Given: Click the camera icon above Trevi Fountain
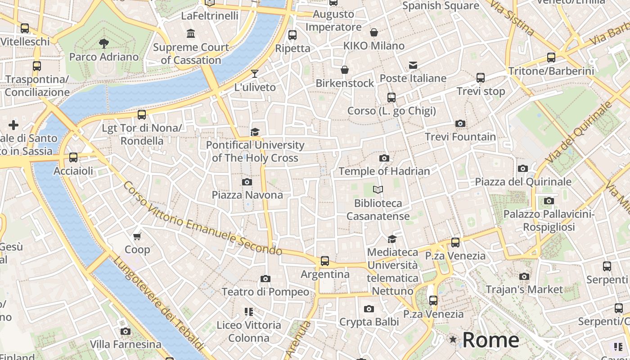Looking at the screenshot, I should point(460,123).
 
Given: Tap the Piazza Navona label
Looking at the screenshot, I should point(247,195).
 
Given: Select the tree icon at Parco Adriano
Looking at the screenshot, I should point(104,44).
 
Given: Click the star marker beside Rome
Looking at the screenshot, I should point(453,340).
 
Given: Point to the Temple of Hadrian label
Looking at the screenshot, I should point(384,171).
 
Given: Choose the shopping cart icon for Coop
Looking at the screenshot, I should point(137,236).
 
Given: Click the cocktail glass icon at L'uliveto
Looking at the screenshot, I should point(255,74).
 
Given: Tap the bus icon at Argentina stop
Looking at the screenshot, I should point(325,261).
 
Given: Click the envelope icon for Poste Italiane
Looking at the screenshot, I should point(413,65).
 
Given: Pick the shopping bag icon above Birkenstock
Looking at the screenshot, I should point(345,70).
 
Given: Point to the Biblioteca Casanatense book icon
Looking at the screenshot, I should point(378,190).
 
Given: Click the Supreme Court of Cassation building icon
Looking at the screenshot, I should point(191,34).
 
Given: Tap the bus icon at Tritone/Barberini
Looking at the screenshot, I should point(551,58).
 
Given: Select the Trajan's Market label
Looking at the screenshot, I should point(524,289).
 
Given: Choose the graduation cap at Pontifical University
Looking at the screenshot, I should point(255,132).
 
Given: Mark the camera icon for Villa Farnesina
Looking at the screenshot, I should point(126,332).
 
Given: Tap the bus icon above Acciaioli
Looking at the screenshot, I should point(73,157).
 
